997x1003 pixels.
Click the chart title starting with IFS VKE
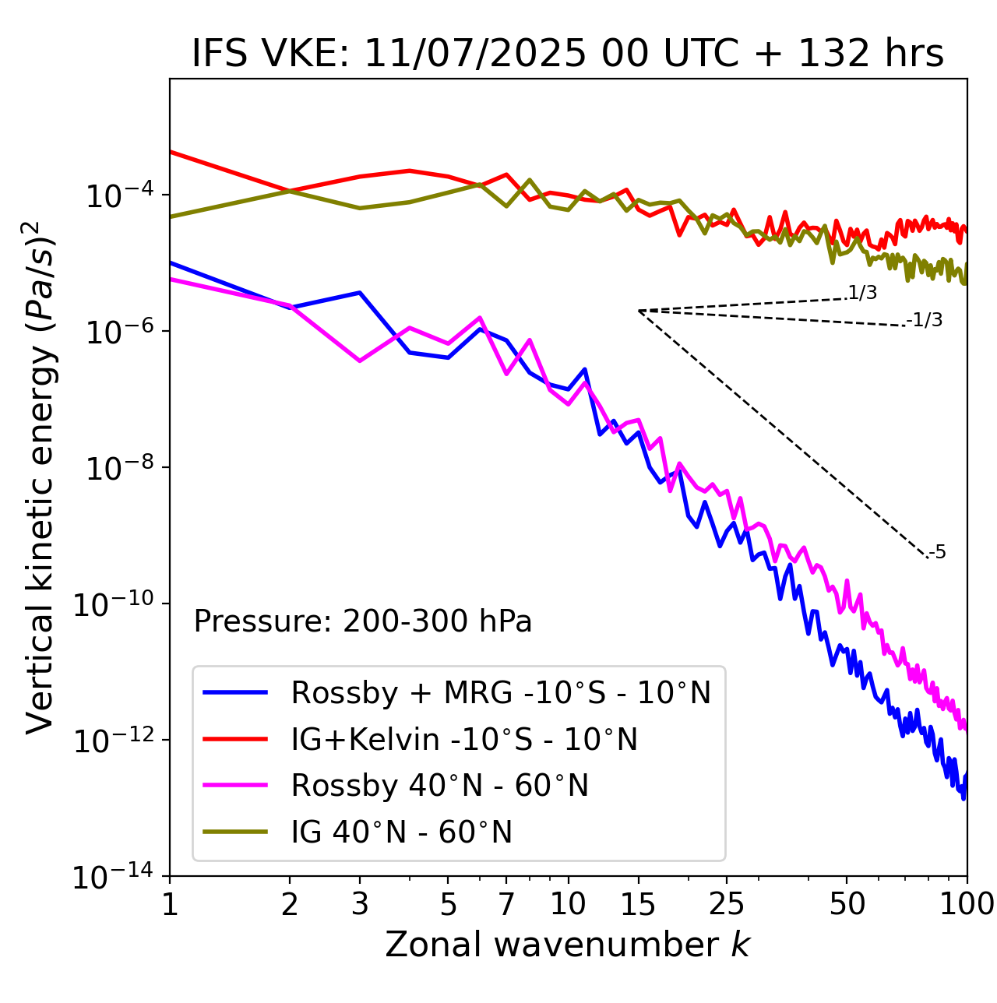[568, 54]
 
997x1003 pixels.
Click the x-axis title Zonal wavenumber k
[568, 945]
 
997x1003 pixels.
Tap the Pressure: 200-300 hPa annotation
[363, 621]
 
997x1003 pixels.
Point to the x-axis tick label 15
[638, 904]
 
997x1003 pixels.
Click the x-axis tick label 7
[506, 904]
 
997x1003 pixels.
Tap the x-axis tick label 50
[847, 904]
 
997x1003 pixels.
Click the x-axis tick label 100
[966, 904]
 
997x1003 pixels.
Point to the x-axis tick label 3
[360, 904]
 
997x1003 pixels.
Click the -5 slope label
[937, 553]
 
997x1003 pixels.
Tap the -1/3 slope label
[925, 320]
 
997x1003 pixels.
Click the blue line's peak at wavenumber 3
[360, 293]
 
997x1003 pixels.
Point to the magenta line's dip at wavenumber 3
[360, 361]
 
